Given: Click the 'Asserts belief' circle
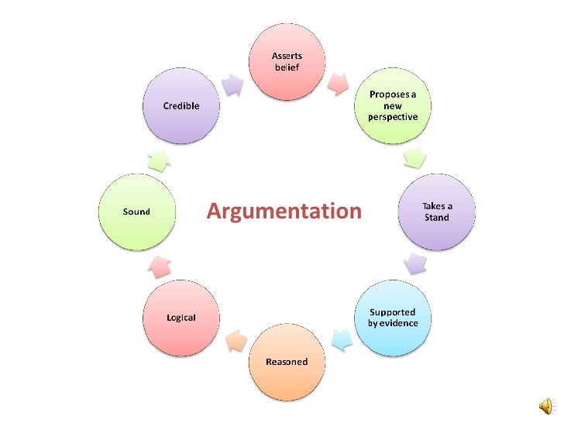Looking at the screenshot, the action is click(x=286, y=62).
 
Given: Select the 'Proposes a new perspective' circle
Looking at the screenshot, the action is click(x=392, y=106).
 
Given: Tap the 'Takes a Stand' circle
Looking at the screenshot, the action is click(x=436, y=211).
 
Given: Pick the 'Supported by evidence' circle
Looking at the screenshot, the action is click(x=392, y=318).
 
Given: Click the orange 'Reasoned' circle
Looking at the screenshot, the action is click(x=286, y=362).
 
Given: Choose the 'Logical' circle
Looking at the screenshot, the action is click(x=181, y=318).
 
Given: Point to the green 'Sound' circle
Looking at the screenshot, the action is click(x=136, y=211).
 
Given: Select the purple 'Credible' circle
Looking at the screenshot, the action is click(x=181, y=106).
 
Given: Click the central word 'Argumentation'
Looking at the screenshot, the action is click(x=284, y=211).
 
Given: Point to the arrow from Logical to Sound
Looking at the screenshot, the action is click(x=159, y=267).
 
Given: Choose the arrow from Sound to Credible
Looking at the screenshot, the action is click(x=158, y=160).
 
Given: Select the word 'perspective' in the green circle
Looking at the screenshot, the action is click(x=392, y=117).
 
